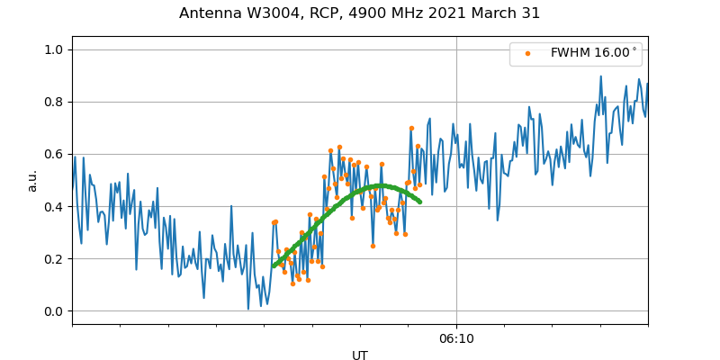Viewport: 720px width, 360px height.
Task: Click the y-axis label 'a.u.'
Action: click(x=32, y=180)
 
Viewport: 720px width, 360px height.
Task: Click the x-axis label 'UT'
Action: click(x=360, y=355)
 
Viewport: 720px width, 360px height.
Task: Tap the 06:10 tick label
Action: click(x=456, y=338)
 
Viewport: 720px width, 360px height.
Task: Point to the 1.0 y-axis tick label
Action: click(x=54, y=49)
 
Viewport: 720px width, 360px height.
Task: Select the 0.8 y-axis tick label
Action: click(x=54, y=102)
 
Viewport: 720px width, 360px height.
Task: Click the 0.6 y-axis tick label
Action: click(x=54, y=154)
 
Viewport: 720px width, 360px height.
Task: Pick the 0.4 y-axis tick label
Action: click(x=54, y=206)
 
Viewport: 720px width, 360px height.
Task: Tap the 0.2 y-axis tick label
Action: click(x=54, y=259)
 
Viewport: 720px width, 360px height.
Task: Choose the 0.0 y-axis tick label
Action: click(x=54, y=311)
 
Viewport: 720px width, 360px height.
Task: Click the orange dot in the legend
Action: click(x=527, y=54)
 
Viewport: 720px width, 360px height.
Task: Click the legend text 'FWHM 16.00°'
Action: click(x=593, y=54)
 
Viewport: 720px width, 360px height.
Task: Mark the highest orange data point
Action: click(x=411, y=128)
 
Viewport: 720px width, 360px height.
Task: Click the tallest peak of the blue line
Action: click(x=601, y=76)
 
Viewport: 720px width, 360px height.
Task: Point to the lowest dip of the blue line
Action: click(x=248, y=309)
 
